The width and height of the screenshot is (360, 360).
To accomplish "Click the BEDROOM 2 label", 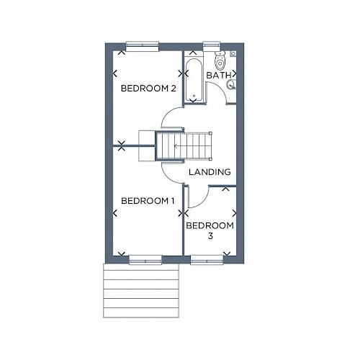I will point(148,89).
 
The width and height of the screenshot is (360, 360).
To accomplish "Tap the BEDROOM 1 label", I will point(148,200).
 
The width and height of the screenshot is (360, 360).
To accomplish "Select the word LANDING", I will point(210,172).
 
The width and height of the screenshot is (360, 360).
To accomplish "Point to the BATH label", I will point(218,75).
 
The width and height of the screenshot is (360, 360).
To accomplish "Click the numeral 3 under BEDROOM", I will point(210,236).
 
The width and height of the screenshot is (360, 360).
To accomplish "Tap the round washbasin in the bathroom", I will point(231,85).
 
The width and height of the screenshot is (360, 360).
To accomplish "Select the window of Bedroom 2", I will point(142,45).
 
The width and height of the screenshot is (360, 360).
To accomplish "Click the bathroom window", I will point(212,45).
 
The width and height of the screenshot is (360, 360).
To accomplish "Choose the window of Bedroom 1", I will point(145,259).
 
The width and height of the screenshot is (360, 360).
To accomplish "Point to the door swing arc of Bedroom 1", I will point(171,173).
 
